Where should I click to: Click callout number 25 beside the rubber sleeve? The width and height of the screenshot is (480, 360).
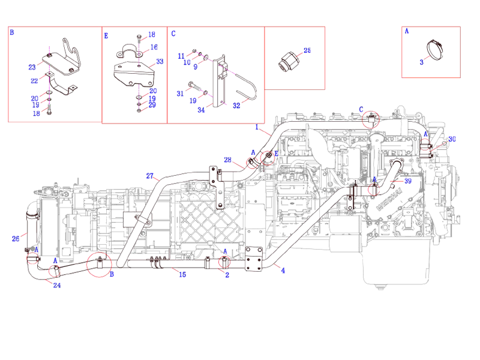pos(307,51)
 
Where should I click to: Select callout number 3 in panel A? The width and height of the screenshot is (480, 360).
pos(422,62)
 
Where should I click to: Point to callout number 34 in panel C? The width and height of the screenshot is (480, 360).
pos(201,110)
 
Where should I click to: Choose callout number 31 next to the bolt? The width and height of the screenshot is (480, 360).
pos(180,93)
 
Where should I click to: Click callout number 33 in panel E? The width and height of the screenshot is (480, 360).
pos(160,61)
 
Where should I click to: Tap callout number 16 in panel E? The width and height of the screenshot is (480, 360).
pos(154,47)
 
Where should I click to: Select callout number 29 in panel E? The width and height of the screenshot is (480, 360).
pos(152,105)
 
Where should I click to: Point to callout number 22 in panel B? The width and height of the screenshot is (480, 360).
pos(34,80)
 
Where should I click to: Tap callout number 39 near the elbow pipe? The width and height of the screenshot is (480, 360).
pos(407,180)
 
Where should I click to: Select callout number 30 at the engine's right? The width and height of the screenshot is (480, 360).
pos(452,139)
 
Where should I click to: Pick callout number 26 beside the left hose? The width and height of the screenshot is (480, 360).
pos(16,238)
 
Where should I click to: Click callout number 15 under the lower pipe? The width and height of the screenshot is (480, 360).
pos(182,274)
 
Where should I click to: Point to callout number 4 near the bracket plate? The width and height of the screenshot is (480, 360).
pos(283,271)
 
